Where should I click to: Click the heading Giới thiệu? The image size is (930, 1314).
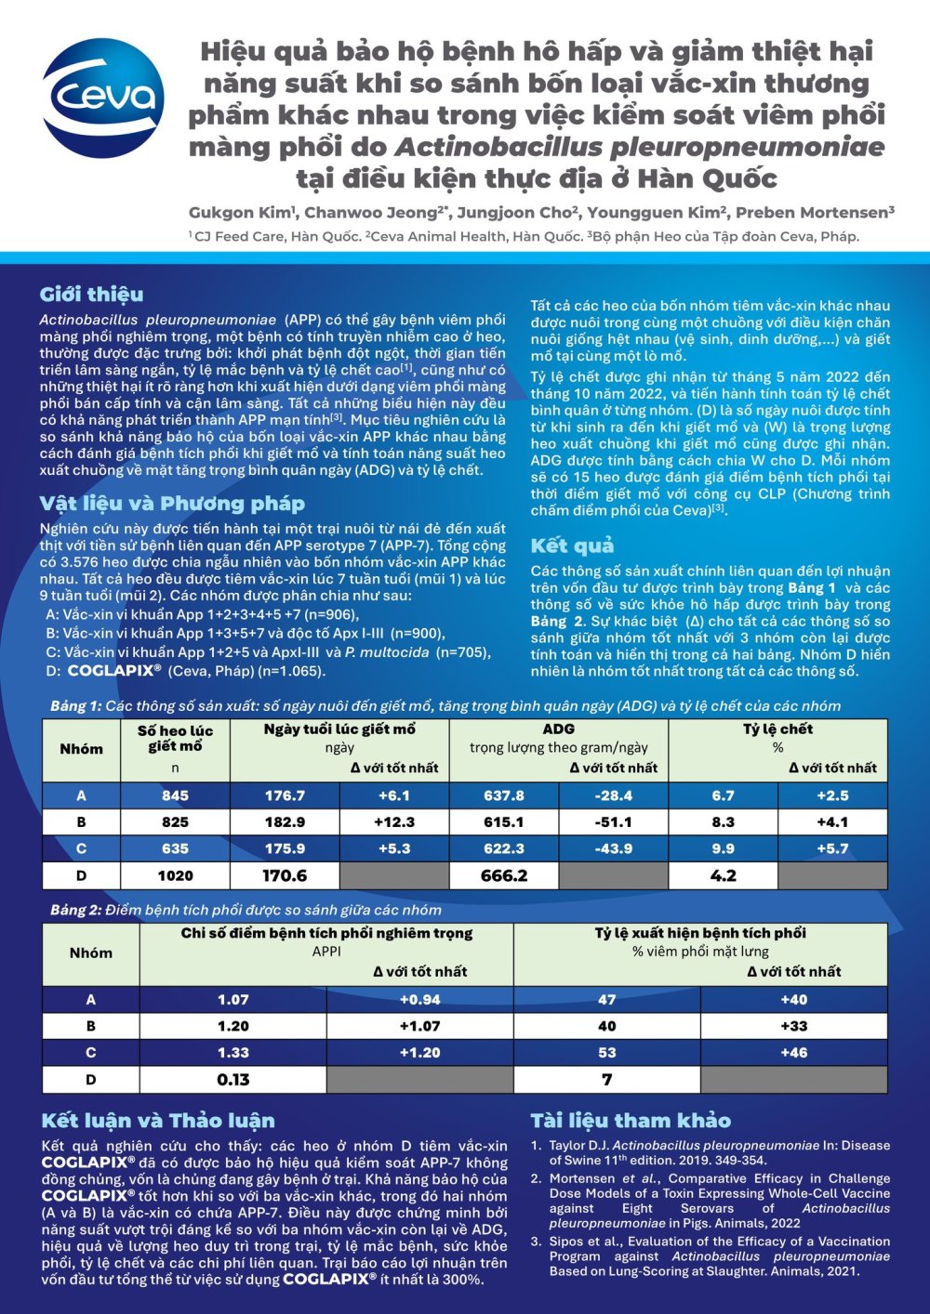point(91,295)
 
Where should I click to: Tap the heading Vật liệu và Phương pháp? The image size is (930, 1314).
point(172,504)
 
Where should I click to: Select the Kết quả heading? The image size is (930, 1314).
point(572,545)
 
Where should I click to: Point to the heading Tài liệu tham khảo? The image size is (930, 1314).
point(631,1120)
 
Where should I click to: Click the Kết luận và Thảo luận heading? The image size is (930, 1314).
point(158,1120)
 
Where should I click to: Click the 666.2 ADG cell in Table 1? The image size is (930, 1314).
point(504,875)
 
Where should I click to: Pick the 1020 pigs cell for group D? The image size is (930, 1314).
point(175,875)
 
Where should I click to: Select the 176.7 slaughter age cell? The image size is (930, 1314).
point(285,795)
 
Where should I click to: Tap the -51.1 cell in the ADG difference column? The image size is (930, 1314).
point(614,822)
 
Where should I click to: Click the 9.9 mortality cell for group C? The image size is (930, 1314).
point(723,848)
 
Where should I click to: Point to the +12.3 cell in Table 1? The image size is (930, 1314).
point(394,822)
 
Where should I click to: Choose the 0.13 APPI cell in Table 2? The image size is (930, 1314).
point(232,1079)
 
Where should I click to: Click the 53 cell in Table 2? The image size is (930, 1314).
point(607,1053)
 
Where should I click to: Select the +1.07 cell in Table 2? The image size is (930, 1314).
point(419,1026)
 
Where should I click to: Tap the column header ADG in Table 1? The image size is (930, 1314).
point(558,729)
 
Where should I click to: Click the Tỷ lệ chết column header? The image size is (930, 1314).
point(777,729)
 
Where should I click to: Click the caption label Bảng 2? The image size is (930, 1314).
point(75,910)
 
